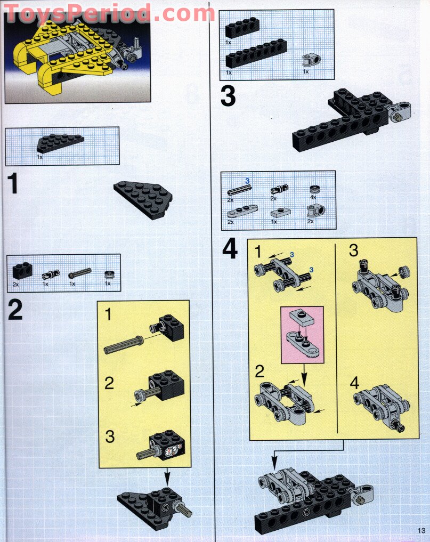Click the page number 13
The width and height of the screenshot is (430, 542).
pos(421,531)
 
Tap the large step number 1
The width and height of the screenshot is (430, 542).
pos(13,183)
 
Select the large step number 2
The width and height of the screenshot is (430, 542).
pos(15,309)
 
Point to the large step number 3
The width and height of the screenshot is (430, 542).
pos(228,96)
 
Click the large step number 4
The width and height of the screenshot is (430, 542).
pos(230,249)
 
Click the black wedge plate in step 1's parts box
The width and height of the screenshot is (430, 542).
pos(60,143)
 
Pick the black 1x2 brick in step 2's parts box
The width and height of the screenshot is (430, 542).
pos(22,271)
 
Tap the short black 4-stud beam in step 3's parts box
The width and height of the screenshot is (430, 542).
pos(242,27)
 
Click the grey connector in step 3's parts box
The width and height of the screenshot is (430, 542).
pos(311,60)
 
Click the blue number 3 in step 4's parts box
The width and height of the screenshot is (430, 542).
pos(247,181)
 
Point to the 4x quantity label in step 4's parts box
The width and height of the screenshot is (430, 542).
pos(313,197)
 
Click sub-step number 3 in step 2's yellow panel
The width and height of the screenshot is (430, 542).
pos(110,436)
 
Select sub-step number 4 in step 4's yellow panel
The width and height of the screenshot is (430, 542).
pos(354,383)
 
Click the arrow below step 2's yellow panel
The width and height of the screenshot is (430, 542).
pos(167,476)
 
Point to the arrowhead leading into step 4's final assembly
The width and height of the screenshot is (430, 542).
pos(274,462)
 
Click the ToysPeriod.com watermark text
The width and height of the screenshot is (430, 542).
pos(109,14)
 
